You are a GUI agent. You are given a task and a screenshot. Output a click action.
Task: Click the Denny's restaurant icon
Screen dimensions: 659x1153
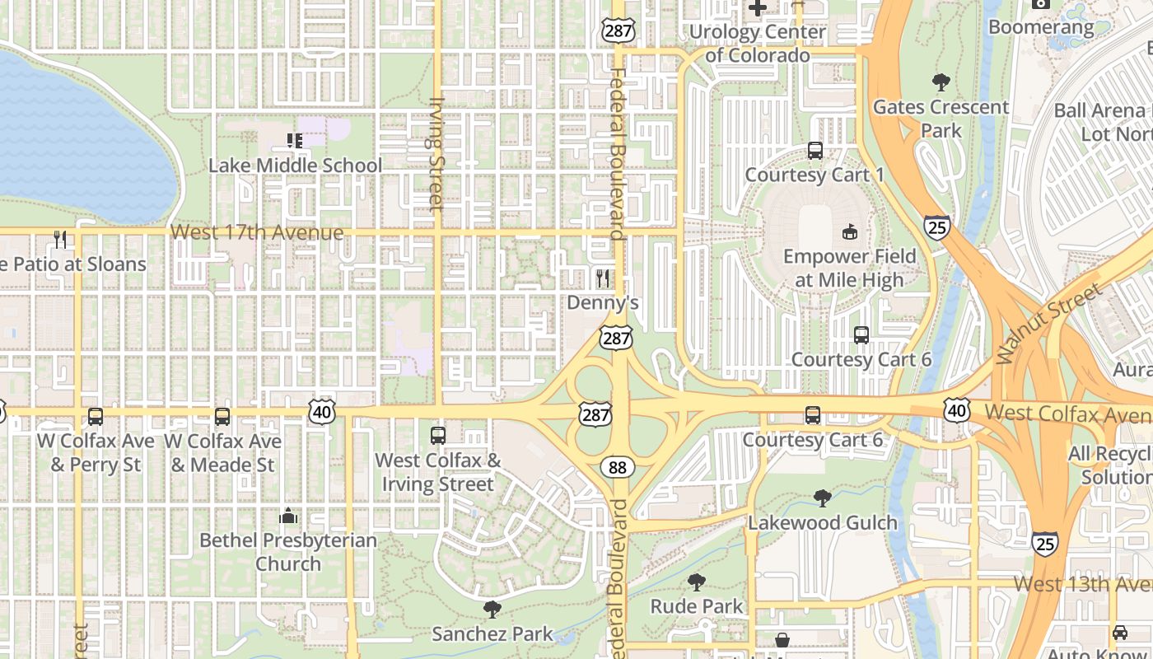tap(604, 278)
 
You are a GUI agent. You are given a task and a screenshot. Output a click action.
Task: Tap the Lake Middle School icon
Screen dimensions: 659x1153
tap(294, 141)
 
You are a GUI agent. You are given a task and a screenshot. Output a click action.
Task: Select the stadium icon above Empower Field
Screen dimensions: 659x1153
tap(850, 231)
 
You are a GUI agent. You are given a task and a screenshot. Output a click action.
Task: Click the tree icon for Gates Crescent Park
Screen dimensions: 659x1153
tap(941, 82)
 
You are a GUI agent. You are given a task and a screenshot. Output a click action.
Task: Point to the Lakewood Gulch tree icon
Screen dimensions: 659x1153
tap(822, 498)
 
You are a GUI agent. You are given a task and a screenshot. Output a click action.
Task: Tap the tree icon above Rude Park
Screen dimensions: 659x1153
tap(697, 582)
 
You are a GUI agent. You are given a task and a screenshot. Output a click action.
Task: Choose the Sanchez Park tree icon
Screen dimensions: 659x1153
tap(492, 610)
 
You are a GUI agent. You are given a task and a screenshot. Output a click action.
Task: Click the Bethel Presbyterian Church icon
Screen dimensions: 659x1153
tap(288, 516)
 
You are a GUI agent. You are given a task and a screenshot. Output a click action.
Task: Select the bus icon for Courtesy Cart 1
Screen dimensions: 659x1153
tap(815, 151)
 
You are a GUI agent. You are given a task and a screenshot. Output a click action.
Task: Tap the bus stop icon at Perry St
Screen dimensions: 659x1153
tap(96, 417)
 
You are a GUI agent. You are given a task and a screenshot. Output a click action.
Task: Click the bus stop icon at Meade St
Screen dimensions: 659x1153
tap(222, 417)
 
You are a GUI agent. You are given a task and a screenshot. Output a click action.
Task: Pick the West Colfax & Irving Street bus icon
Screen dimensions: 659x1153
tap(438, 436)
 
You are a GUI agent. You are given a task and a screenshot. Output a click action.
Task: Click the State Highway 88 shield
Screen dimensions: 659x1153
tap(617, 468)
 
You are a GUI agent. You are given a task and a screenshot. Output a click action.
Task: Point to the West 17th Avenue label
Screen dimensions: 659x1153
tap(257, 233)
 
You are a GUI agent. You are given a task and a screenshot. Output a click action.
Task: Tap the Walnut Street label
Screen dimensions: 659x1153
tap(1048, 323)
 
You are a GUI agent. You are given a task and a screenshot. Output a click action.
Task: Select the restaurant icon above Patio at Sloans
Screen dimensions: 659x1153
tap(60, 240)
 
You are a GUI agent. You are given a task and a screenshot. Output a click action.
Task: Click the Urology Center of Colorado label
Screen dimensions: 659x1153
tap(758, 44)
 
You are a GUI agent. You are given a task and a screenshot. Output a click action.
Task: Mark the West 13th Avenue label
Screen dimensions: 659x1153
tap(1082, 584)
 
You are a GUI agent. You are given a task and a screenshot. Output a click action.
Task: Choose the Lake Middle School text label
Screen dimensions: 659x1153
tap(295, 166)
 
